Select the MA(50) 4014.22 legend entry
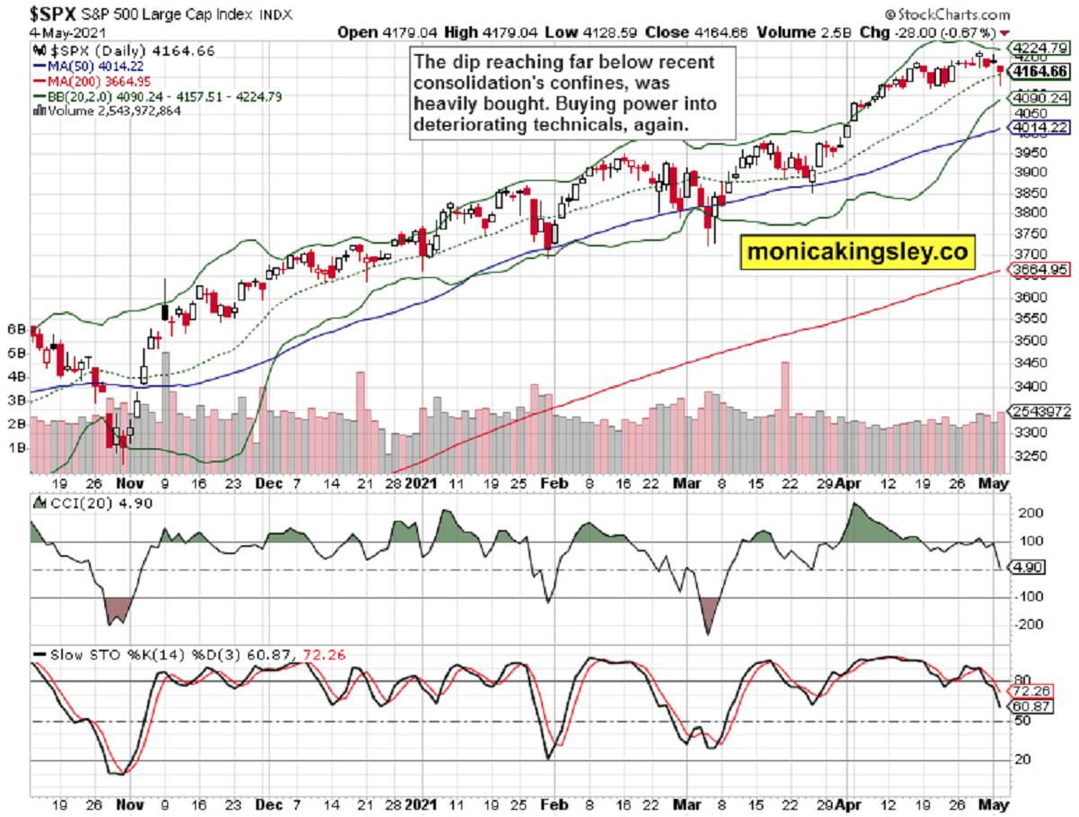pos(91,67)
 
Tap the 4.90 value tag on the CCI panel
pos(1025,569)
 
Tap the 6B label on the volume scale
pos(15,329)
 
